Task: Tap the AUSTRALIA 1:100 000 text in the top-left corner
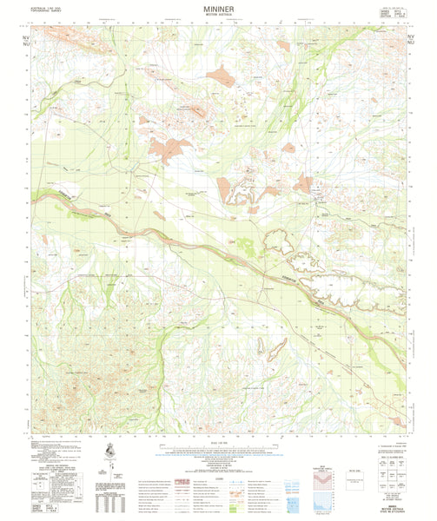(46, 10)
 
